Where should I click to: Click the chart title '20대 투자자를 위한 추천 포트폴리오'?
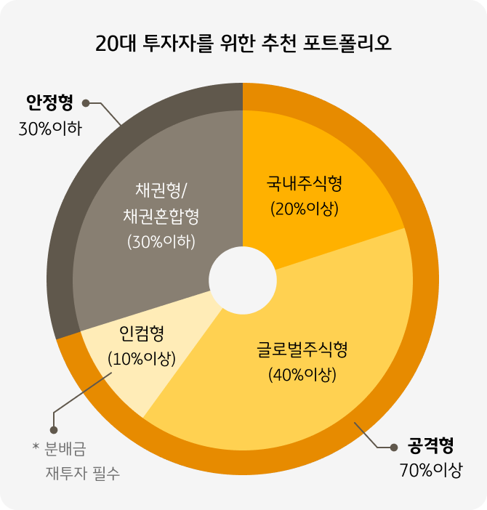coord(243,43)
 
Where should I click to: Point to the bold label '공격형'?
coord(431,445)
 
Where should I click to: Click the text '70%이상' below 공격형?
coord(430,470)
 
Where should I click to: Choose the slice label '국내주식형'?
coord(305,184)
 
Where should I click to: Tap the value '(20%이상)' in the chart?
coord(305,209)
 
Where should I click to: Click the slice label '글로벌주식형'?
coord(302,350)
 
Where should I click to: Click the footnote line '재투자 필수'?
coord(83,474)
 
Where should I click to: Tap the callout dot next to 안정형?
coord(86,103)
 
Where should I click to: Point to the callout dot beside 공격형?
coord(395,445)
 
